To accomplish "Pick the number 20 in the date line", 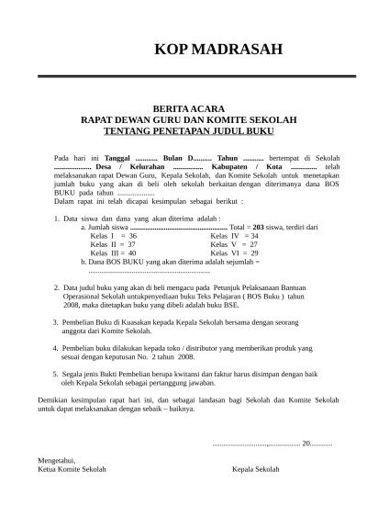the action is (x=306, y=443).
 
